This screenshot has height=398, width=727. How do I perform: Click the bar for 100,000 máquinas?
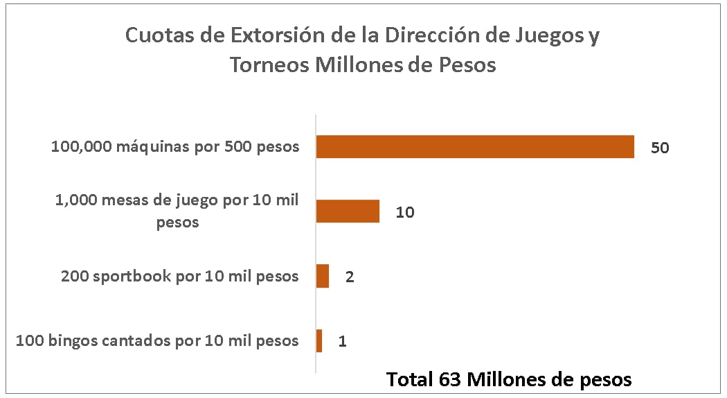click(475, 147)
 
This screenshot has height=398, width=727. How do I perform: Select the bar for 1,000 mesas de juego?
click(348, 211)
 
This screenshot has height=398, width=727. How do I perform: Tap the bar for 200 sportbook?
click(323, 276)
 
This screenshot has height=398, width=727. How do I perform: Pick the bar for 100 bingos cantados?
click(319, 340)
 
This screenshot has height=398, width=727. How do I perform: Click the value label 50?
click(659, 148)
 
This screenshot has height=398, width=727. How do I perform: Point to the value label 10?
click(405, 212)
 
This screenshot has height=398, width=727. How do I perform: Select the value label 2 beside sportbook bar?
click(350, 277)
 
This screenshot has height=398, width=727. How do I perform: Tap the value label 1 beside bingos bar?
click(343, 341)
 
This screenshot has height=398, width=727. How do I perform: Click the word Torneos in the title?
click(269, 65)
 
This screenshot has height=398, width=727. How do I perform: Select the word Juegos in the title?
click(545, 35)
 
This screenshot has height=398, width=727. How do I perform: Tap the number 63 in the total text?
click(449, 380)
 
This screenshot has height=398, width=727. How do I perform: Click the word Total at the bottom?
click(409, 380)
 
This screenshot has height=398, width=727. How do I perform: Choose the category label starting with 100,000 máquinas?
click(175, 147)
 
